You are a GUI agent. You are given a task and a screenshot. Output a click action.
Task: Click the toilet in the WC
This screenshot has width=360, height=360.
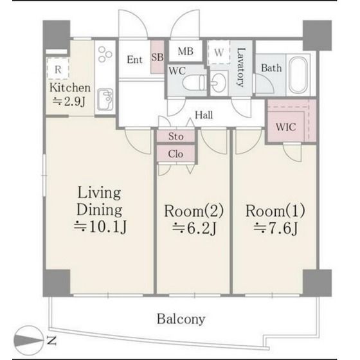pos(194,82)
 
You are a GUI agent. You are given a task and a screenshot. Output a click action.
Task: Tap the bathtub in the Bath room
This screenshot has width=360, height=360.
pos(298,75)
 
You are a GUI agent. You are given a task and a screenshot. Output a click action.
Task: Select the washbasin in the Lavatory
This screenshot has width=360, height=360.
pos(219,83)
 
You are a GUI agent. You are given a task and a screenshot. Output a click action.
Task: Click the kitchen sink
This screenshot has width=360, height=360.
pos(105,100)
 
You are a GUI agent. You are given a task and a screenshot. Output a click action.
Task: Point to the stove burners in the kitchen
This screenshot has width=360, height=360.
pos(105,54)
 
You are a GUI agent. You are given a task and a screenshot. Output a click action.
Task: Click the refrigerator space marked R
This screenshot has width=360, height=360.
pos(58,69)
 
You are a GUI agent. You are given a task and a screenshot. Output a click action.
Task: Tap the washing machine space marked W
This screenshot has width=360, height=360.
pos(219,52)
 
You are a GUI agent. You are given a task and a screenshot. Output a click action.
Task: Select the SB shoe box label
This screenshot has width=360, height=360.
pos(157,57)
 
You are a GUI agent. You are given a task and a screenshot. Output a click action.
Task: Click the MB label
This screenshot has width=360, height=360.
pos(186,51)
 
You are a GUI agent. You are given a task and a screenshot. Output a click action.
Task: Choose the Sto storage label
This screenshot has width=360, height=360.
pos(176,136)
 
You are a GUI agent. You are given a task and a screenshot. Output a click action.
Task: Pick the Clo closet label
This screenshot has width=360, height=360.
pos(175,154)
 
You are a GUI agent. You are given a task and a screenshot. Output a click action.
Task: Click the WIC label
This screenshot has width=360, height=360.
pos(286,127)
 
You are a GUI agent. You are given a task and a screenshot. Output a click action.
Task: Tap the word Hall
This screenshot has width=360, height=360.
pos(204,115)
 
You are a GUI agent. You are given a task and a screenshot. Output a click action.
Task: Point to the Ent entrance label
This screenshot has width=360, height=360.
pos(135,60)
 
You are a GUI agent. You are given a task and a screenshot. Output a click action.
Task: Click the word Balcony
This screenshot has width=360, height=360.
pos(181,319)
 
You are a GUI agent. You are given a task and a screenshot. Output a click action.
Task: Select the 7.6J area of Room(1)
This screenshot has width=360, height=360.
pos(276,228)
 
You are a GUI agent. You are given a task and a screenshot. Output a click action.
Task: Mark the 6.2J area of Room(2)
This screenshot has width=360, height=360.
pos(194,228)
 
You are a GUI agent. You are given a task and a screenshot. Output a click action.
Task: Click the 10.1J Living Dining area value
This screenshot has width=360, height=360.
pos(100,227)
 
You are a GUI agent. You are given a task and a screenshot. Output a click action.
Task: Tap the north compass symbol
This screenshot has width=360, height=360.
pos(28,340)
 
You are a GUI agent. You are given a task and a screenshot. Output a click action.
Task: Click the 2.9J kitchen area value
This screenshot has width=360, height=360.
pos(69,102)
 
